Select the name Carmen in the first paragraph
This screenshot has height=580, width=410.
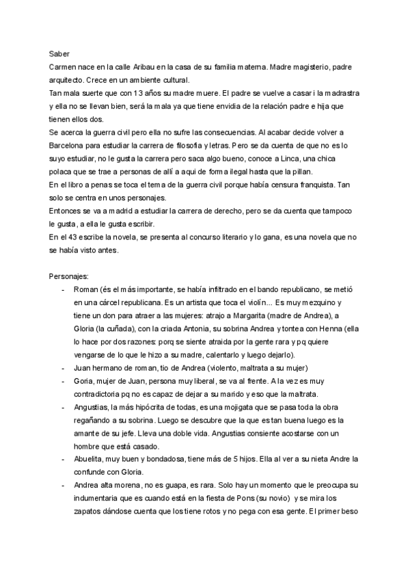click(x=65, y=66)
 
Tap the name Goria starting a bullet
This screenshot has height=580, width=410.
click(x=85, y=380)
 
